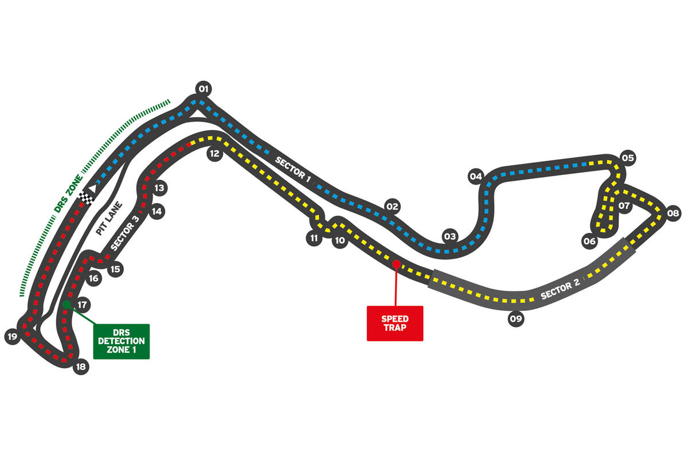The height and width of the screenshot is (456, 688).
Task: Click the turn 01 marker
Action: [204, 89]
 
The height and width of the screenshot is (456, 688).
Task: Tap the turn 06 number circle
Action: [590, 241]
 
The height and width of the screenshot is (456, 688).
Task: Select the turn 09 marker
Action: [516, 319]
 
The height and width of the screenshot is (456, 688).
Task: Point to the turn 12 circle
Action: [214, 153]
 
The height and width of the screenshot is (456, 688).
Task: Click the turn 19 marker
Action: [12, 337]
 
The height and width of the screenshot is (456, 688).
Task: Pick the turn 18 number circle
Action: [81, 367]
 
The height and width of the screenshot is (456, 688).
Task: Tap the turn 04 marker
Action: [476, 177]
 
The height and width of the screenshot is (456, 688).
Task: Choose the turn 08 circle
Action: [673, 213]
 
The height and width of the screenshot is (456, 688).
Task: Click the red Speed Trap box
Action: [395, 324]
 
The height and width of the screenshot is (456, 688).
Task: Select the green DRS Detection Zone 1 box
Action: [122, 341]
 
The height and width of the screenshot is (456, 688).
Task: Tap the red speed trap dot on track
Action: [397, 264]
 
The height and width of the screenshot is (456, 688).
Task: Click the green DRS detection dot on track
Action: [67, 305]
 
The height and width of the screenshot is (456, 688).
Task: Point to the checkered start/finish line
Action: [87, 198]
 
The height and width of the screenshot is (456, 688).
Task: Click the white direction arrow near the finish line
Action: [92, 188]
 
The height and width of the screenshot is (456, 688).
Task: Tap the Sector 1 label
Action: [293, 170]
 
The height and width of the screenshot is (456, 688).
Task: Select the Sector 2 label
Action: [560, 289]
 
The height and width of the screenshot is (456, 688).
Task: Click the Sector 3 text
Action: [124, 233]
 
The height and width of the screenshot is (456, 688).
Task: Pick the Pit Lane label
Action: [109, 219]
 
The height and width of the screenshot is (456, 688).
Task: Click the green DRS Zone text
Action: [68, 194]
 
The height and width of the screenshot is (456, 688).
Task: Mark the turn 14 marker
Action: [157, 212]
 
